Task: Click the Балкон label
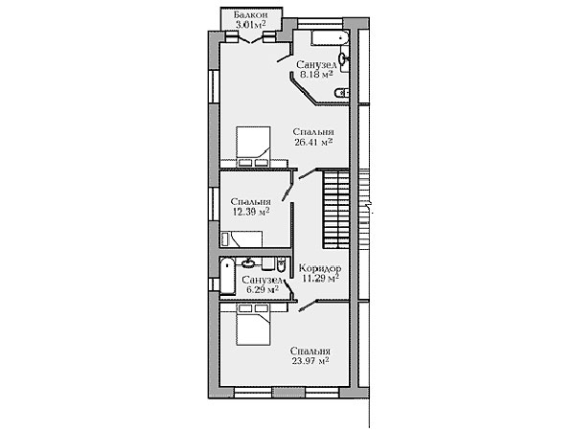pos(250,15)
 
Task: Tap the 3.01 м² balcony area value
pos(250,25)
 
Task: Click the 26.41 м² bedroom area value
pos(313,142)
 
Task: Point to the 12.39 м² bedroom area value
pos(252,212)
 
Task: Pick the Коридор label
pos(320,268)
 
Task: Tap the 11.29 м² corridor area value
pos(320,279)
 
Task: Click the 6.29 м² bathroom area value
pos(263,289)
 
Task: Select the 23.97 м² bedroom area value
pos(310,361)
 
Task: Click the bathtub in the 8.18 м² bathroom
pos(330,38)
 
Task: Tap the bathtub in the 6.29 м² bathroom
pos(227,276)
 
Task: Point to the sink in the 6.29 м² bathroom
pos(249,262)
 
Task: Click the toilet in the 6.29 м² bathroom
pos(281,264)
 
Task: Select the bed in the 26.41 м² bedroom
pos(253,147)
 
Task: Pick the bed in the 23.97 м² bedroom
pos(253,325)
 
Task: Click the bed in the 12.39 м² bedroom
pos(241,238)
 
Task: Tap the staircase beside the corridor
pos(336,209)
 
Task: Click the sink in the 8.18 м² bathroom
pos(343,57)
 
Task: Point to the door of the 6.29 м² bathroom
pos(288,286)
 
